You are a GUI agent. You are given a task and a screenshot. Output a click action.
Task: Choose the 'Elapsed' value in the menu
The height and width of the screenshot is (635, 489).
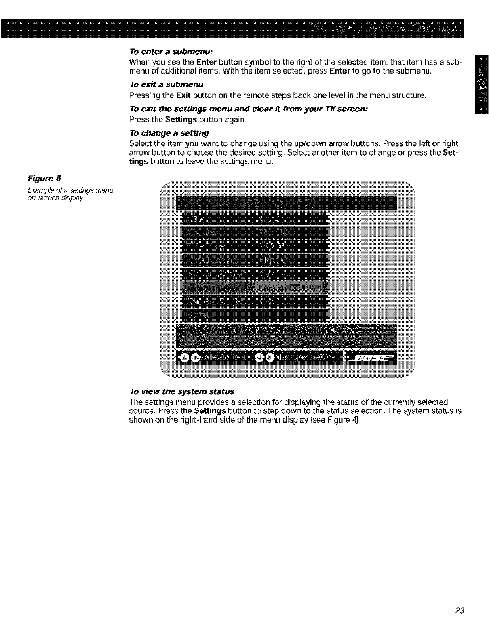click(x=275, y=261)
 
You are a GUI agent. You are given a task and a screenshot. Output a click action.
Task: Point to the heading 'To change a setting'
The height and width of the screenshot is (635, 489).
click(x=169, y=133)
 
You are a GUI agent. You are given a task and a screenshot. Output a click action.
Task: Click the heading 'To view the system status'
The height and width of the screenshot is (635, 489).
click(x=181, y=391)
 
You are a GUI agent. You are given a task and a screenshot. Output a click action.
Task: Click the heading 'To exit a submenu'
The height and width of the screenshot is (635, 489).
click(x=166, y=84)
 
